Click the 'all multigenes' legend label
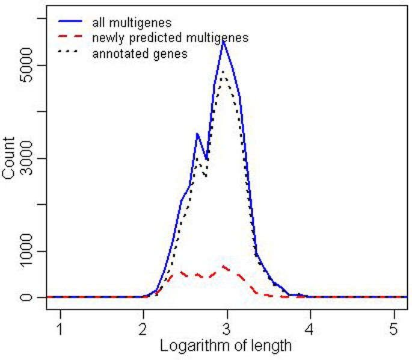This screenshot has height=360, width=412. [132, 23]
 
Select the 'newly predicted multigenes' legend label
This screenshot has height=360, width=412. [170, 38]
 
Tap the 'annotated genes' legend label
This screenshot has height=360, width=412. [140, 54]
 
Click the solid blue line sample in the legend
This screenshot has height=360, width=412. [70, 23]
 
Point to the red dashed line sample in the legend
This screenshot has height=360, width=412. [70, 38]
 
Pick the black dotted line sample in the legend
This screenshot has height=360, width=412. [70, 54]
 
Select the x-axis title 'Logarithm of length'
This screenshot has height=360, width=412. [226, 346]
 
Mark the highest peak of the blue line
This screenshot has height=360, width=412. [223, 40]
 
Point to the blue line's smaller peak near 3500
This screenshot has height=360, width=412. [197, 134]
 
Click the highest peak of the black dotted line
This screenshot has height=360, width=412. [223, 72]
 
